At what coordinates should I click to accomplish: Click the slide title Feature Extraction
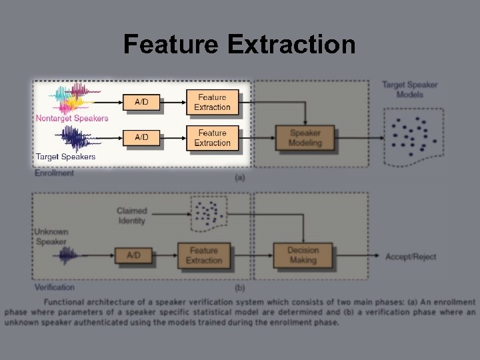[x=239, y=45]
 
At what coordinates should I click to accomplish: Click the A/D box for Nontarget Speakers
[x=141, y=102]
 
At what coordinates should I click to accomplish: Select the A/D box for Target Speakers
[x=141, y=137]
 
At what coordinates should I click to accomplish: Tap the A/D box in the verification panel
[x=133, y=255]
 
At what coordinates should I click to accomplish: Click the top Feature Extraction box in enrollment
[x=212, y=102]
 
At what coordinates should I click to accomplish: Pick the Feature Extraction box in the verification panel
[x=203, y=255]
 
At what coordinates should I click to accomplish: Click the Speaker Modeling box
[x=305, y=138]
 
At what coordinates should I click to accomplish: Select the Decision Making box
[x=303, y=255]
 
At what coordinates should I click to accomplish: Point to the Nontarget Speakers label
[x=72, y=119]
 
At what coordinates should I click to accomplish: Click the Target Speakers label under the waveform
[x=65, y=157]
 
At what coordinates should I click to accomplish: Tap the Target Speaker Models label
[x=409, y=89]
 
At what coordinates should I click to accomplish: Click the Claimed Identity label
[x=131, y=216]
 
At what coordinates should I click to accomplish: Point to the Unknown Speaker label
[x=51, y=237]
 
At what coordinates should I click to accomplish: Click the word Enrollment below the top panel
[x=54, y=173]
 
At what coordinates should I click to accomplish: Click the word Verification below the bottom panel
[x=55, y=287]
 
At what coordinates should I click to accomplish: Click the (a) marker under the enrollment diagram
[x=240, y=177]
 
